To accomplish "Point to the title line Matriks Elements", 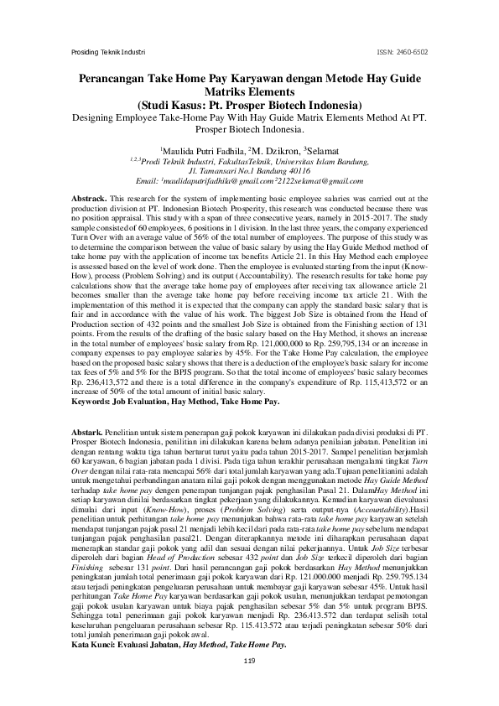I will [x=249, y=93].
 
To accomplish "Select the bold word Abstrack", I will [x=87, y=198].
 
